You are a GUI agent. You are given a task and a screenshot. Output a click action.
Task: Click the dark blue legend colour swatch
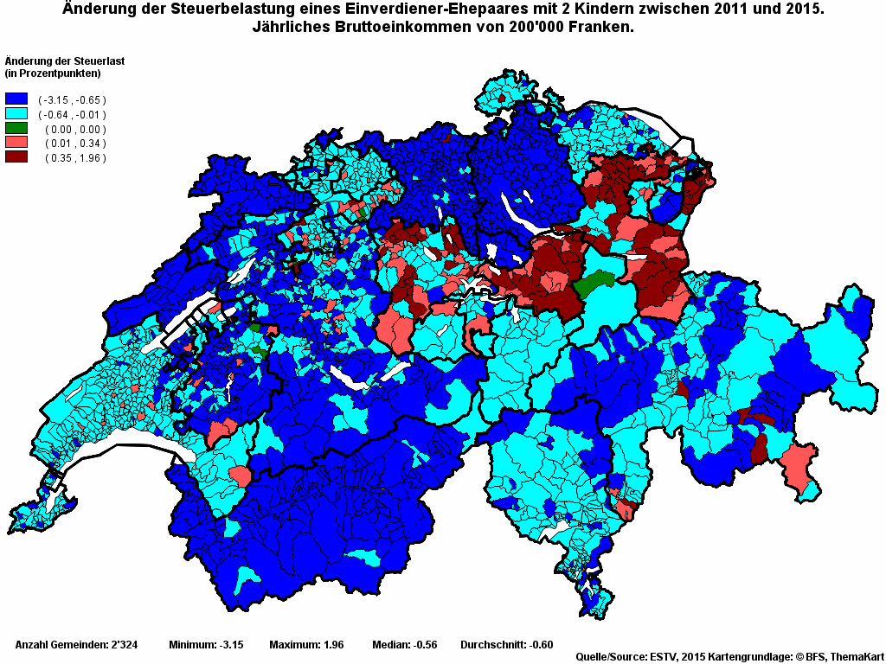pos(16,99)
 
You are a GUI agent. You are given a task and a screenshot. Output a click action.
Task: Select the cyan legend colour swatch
pos(16,114)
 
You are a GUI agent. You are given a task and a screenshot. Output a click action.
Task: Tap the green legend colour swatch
pos(16,129)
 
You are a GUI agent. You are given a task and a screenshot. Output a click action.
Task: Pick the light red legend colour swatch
pos(16,143)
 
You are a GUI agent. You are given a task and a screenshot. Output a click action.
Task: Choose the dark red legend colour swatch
pos(16,157)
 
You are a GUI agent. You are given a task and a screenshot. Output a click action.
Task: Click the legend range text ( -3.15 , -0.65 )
pos(72,100)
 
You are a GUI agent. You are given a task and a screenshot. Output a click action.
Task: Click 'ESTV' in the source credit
pos(663,656)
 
